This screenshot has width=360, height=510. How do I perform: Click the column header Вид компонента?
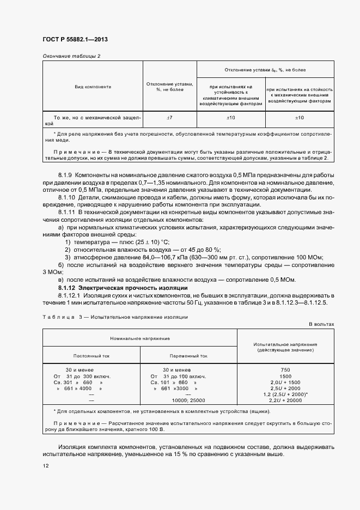tap(93, 86)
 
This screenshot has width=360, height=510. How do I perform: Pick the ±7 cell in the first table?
tap(169, 117)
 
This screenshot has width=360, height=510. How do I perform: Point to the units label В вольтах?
tap(321, 324)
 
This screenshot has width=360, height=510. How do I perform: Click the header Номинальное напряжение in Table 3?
tap(141, 338)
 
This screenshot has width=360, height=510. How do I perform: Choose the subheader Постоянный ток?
tap(91, 356)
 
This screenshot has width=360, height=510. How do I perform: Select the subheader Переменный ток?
tap(188, 356)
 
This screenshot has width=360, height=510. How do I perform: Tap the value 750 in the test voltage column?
tap(285, 370)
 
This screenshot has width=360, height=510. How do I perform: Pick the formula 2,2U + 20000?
tap(285, 400)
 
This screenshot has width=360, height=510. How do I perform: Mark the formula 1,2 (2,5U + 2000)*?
tap(285, 394)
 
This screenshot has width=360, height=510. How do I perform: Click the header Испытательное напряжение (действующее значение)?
tap(285, 347)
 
